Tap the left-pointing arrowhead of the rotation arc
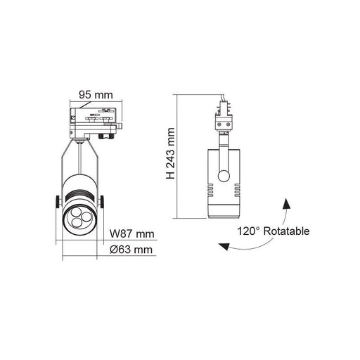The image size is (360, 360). click(223, 246)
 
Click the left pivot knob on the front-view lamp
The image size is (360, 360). click(56, 203)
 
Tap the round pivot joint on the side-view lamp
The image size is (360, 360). click(224, 176)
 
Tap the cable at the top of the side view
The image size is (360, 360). click(221, 98)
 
